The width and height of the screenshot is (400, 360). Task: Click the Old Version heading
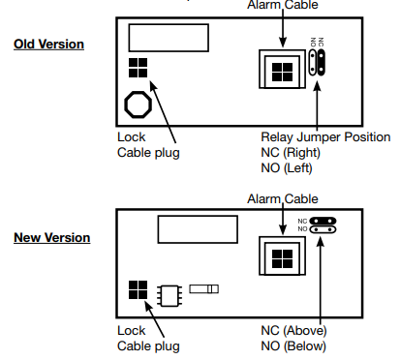click(x=48, y=45)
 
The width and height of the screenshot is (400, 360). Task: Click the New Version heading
click(x=52, y=238)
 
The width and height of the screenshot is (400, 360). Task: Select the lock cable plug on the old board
click(x=138, y=68)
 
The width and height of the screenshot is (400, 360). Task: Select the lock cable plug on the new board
click(x=138, y=289)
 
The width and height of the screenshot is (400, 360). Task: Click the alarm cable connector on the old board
click(x=282, y=69)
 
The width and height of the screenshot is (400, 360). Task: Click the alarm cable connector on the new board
click(x=282, y=255)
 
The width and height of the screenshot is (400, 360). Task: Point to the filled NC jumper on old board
click(x=321, y=63)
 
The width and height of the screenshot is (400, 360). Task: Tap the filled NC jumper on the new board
click(x=323, y=221)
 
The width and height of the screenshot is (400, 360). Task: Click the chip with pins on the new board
click(x=169, y=295)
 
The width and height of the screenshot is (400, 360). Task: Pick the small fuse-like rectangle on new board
click(x=203, y=289)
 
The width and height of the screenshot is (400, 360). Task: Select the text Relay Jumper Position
click(x=325, y=137)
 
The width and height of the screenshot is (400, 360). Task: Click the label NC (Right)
click(x=291, y=153)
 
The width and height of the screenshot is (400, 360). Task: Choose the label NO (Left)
click(x=287, y=168)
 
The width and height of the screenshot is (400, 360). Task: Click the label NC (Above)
click(x=293, y=331)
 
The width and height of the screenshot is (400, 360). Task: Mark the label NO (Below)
click(x=293, y=346)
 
